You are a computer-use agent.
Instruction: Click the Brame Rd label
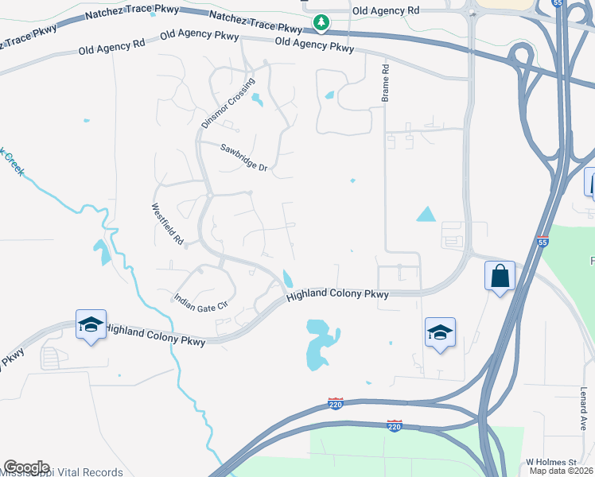pyautogui.click(x=385, y=83)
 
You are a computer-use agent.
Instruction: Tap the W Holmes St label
pyautogui.click(x=550, y=462)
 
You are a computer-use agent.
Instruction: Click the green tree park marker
pyautogui.click(x=321, y=22)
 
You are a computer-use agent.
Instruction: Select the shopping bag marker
pyautogui.click(x=500, y=277)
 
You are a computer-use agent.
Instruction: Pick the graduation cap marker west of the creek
pyautogui.click(x=91, y=324)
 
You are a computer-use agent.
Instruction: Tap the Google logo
pyautogui.click(x=26, y=467)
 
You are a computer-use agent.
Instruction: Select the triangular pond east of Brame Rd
pyautogui.click(x=426, y=213)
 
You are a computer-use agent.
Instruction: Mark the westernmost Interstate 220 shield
pyautogui.click(x=336, y=404)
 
